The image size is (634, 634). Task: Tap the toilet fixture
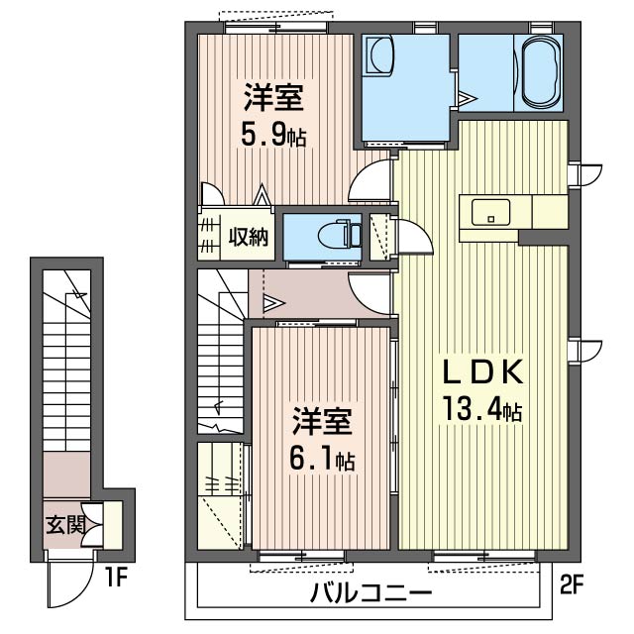click(339, 236)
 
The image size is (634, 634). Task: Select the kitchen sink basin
click(490, 212)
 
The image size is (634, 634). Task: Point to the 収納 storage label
click(249, 238)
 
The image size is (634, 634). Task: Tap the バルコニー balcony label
click(370, 594)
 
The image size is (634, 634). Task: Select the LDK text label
click(482, 371)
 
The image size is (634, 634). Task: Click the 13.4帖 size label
click(482, 409)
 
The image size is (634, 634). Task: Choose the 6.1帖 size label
click(322, 459)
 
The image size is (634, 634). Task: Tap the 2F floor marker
click(572, 586)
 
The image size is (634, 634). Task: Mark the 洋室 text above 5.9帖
click(273, 97)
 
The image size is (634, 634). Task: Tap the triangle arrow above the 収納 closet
click(262, 194)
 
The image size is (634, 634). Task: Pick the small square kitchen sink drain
click(491, 220)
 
